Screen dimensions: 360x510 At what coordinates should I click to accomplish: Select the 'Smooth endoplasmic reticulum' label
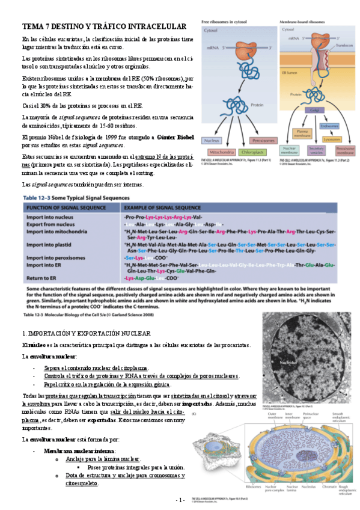[x=340, y=417]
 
